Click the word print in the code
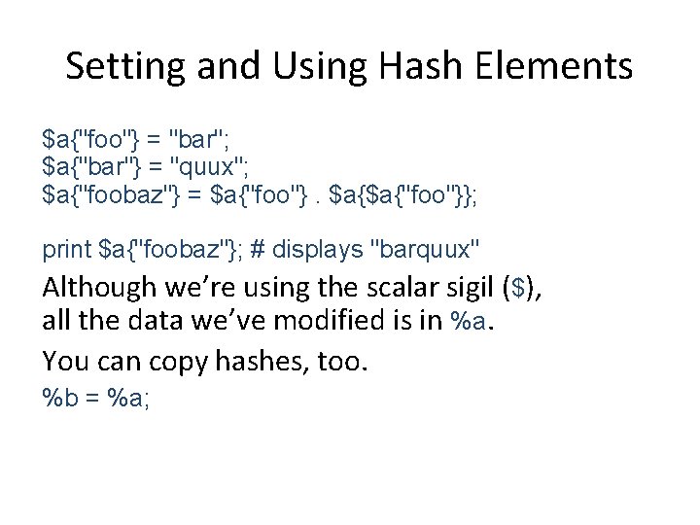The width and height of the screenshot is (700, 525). pos(67,250)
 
